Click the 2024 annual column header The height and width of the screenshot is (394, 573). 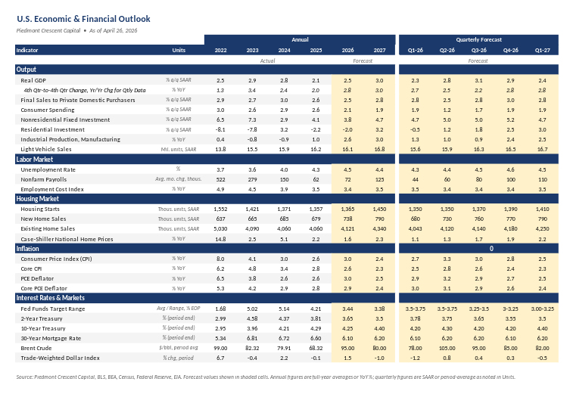[283, 51]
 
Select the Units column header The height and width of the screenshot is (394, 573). [179, 51]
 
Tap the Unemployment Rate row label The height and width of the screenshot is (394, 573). [48, 169]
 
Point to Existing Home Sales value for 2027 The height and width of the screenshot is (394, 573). [379, 228]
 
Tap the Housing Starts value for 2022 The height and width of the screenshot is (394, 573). [220, 207]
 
